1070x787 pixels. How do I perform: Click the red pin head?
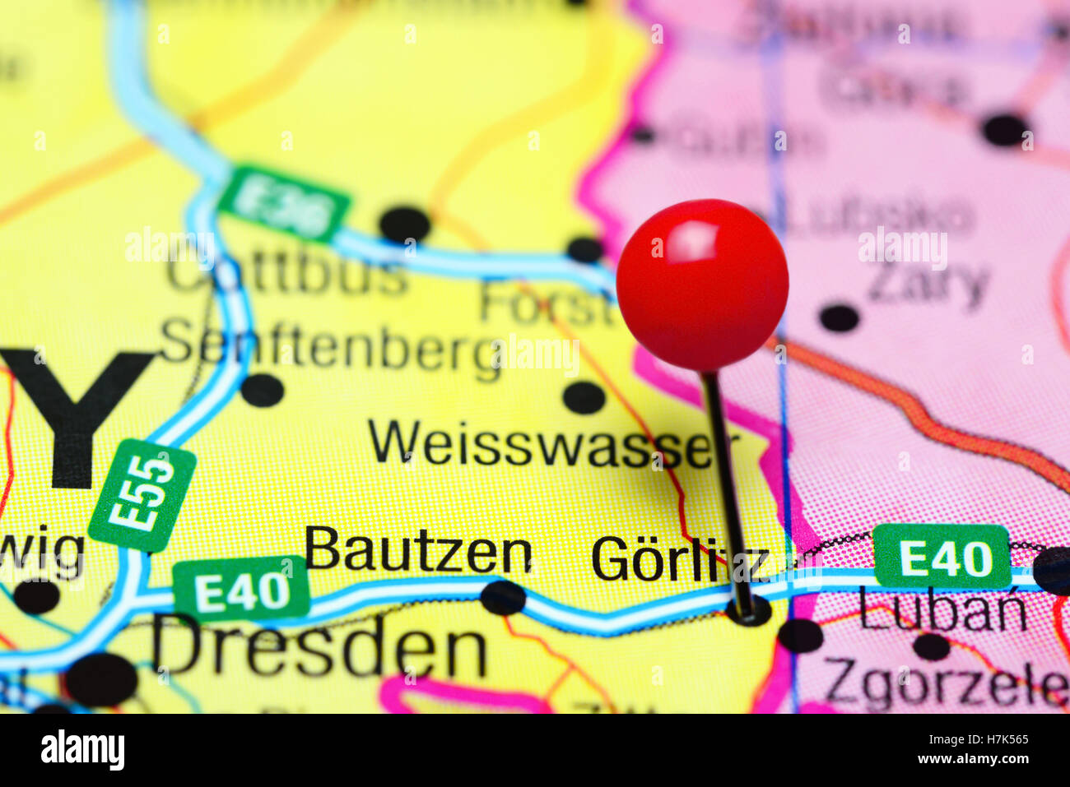pos(702,284)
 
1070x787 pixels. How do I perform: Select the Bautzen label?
pos(418,553)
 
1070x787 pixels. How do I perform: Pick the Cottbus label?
pos(288,275)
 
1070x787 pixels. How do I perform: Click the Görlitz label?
pos(679,560)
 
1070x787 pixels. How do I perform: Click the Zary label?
pos(928,284)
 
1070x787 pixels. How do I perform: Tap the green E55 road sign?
pos(142,495)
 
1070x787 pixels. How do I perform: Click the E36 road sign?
pos(284,204)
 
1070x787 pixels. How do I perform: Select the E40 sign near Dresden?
pos(241,590)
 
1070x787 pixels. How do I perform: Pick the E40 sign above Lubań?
pos(942,557)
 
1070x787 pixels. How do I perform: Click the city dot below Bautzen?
pos(503,598)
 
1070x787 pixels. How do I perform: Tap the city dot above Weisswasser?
pos(584,397)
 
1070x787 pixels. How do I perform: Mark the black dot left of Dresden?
pos(101,679)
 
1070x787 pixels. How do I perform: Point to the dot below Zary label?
pos(839,317)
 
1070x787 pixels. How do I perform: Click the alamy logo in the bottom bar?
pos(82,750)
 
